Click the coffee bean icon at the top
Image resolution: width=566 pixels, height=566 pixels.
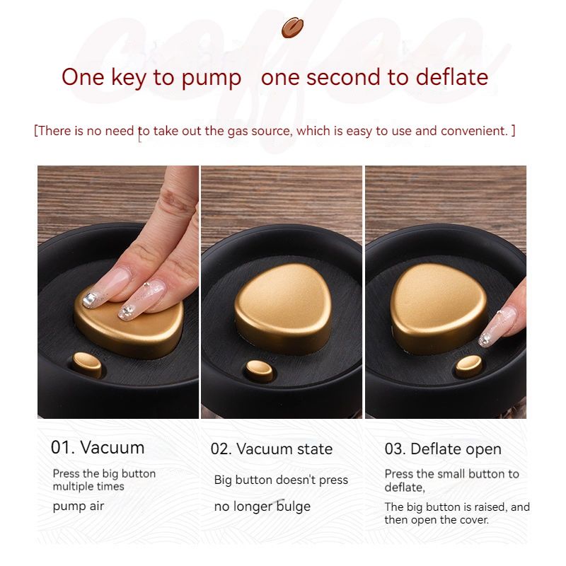tap(292, 28)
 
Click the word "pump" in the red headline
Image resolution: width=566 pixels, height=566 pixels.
tap(211, 79)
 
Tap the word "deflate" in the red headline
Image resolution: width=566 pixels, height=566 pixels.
tap(452, 77)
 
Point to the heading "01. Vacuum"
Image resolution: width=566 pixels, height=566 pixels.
tap(98, 447)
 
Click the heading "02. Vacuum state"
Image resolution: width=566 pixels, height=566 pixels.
tap(272, 449)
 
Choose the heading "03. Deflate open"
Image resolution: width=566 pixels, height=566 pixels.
tap(443, 449)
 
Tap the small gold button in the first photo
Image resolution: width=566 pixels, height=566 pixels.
tap(87, 364)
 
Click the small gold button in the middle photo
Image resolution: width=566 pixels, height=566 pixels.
tap(259, 371)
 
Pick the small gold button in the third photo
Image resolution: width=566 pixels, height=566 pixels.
tap(469, 366)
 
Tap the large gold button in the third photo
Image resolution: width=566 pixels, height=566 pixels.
tap(439, 307)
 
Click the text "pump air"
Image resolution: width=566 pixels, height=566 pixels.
tap(79, 507)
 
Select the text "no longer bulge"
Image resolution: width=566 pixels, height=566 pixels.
tap(262, 507)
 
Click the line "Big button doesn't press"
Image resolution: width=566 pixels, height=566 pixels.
tap(281, 480)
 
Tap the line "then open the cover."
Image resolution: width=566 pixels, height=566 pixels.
tap(437, 520)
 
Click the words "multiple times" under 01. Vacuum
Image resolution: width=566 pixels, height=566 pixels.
tap(88, 487)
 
